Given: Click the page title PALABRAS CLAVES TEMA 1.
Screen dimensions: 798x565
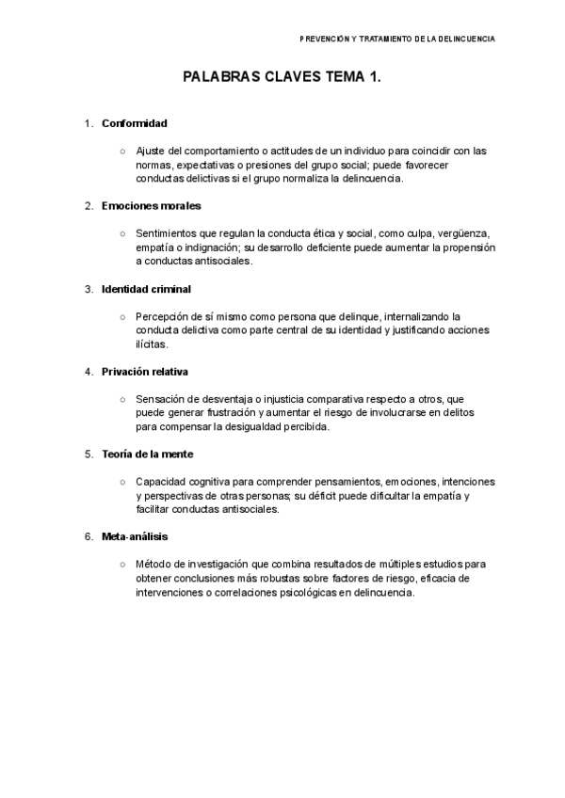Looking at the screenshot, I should (x=282, y=82).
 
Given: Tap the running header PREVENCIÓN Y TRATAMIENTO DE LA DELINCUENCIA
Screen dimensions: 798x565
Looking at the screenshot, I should (x=396, y=39).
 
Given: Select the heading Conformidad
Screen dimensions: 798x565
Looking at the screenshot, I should (x=135, y=123).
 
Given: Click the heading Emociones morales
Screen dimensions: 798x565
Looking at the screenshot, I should (x=151, y=205).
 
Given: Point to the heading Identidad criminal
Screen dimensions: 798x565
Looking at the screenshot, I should (x=146, y=288).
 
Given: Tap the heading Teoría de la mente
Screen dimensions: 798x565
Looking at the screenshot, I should (x=148, y=454).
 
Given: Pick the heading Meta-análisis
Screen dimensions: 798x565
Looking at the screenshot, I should (x=135, y=536).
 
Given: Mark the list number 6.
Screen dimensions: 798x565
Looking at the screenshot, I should (x=88, y=536).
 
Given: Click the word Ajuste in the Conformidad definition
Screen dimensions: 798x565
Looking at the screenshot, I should (x=152, y=151).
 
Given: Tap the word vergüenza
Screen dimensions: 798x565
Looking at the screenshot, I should (x=465, y=233).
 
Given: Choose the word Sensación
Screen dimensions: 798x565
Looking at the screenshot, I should (x=162, y=399).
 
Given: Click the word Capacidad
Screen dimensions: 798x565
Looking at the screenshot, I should (x=162, y=482).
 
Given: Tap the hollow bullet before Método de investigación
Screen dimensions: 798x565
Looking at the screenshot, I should (x=123, y=565).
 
